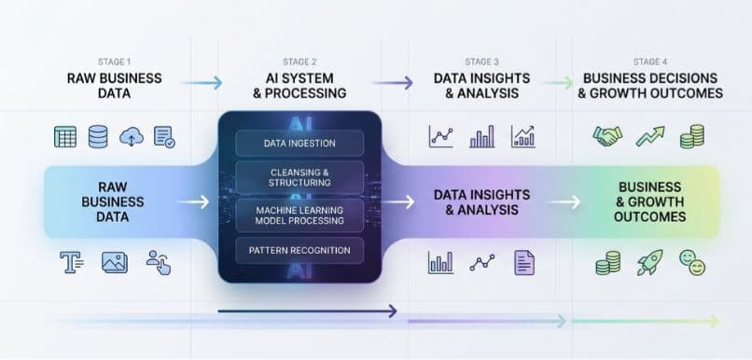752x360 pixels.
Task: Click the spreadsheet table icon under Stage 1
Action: tap(65, 137)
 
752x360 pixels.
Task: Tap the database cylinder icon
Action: tap(98, 137)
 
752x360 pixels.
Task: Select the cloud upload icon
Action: tap(132, 137)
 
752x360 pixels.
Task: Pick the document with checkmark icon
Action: tap(164, 137)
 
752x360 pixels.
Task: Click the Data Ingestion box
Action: tap(299, 143)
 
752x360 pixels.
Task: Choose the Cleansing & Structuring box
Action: tap(299, 177)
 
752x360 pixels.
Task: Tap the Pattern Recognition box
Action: tap(299, 250)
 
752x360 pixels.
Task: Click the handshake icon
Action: tap(607, 136)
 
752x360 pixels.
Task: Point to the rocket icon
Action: tap(649, 263)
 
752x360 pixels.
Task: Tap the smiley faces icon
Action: tap(691, 263)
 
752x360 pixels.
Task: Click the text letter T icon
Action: tap(72, 263)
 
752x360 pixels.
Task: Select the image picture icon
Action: tap(114, 263)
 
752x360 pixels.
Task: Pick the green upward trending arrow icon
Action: tap(650, 136)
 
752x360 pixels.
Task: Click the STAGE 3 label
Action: tap(481, 62)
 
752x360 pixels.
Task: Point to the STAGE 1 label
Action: tap(115, 62)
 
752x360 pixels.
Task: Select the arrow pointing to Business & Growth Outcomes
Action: tap(563, 201)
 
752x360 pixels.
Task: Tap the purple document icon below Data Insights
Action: tap(523, 262)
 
